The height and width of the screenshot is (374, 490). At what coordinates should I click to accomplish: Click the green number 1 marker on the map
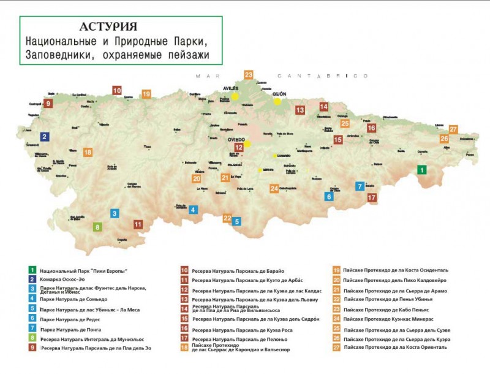pos(421,170)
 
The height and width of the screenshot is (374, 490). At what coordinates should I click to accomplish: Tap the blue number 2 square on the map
pos(45,137)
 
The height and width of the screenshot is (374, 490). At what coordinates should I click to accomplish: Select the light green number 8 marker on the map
pos(97,227)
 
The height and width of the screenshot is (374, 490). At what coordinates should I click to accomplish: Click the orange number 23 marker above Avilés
pos(248,75)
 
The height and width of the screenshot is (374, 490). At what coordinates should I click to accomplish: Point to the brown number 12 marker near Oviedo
pos(239,147)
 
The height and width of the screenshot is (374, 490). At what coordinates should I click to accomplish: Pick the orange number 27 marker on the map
pos(453,129)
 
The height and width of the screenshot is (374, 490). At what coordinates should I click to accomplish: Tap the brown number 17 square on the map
pos(372,197)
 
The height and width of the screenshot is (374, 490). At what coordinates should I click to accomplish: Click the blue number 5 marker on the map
pos(236,221)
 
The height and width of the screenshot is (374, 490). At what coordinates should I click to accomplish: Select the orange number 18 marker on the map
pos(88,152)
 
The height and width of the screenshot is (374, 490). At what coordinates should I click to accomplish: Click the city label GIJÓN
pos(280,94)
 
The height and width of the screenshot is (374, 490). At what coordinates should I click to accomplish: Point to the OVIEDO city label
pos(236,139)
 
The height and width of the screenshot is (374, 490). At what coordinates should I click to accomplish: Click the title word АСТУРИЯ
pos(108,27)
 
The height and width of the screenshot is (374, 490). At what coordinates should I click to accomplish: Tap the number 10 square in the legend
pos(184,270)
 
